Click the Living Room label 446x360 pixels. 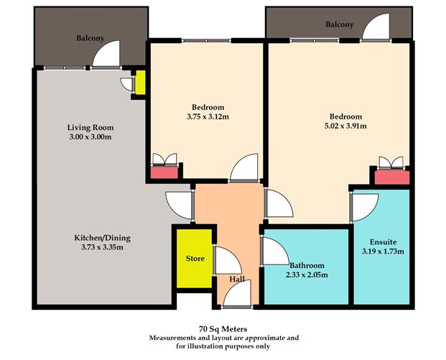[x=90, y=127]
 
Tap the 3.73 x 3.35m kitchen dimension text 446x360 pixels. [x=102, y=247]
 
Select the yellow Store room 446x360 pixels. [x=195, y=259]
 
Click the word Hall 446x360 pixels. [x=237, y=280]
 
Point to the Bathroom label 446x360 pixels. [x=307, y=266]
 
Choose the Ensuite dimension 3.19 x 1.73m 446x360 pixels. [x=383, y=251]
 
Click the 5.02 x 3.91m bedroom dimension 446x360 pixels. [x=345, y=126]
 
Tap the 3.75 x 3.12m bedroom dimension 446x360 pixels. [x=208, y=116]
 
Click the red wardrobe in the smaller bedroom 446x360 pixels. [x=164, y=172]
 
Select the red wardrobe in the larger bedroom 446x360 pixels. [x=392, y=177]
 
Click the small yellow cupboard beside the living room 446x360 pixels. [x=140, y=83]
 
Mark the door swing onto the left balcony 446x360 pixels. [x=106, y=55]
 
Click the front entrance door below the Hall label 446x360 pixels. [x=238, y=293]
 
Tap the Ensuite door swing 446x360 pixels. [x=365, y=207]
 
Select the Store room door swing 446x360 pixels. [x=228, y=260]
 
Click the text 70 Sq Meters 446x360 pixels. [x=223, y=329]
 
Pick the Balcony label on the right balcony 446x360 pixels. [x=340, y=24]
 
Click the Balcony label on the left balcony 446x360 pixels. [x=90, y=38]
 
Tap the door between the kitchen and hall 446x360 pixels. [x=179, y=206]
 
